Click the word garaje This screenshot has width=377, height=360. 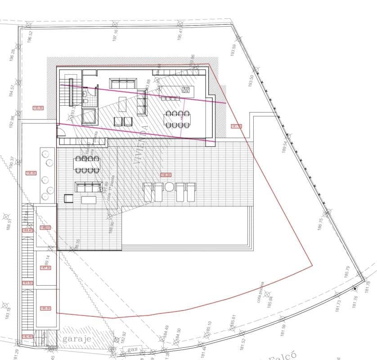[77, 339]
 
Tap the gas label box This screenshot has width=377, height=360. [132, 349]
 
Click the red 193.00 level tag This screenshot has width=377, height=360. [38, 108]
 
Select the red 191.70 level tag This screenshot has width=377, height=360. [236, 126]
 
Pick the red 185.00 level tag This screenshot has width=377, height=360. [45, 308]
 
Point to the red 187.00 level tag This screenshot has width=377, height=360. [45, 267]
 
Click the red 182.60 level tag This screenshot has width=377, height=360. [27, 336]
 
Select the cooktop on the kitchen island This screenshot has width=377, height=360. [186, 90]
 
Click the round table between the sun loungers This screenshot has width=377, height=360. [169, 187]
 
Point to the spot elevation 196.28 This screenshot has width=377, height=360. [13, 57]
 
